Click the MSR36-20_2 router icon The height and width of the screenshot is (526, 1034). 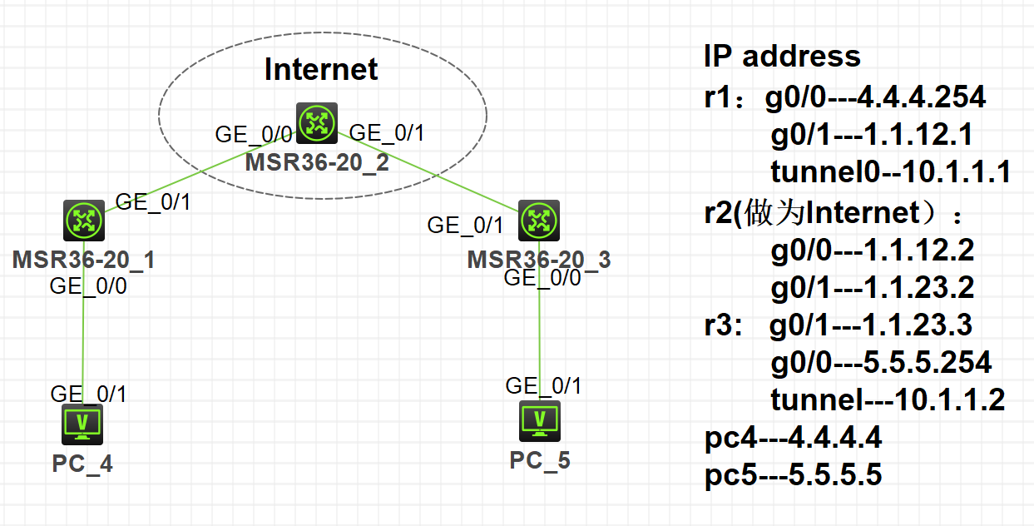coord(317,124)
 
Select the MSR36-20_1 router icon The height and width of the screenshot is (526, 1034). coord(84,221)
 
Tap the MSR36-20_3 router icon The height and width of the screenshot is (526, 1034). coord(539,221)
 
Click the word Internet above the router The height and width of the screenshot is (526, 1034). coord(321,70)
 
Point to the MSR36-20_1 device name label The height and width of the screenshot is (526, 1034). coord(84,260)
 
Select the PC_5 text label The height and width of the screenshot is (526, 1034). coord(540,460)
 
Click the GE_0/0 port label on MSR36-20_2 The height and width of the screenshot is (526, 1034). coord(254,134)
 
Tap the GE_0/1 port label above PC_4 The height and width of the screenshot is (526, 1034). coord(89,394)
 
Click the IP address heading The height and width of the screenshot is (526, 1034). coord(782,57)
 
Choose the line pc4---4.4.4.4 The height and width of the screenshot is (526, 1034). coord(793,437)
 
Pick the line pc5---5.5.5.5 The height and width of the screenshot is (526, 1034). coord(793,475)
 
